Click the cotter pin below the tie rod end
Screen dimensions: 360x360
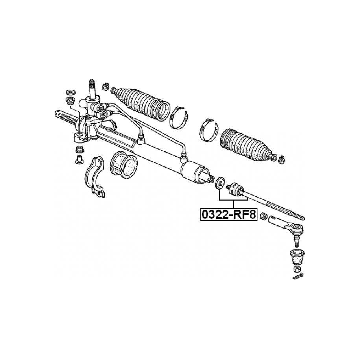(x=298, y=276)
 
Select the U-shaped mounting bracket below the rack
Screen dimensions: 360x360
(x=95, y=177)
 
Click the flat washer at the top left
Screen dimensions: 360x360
(x=70, y=92)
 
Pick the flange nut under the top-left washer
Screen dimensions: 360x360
(x=70, y=100)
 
